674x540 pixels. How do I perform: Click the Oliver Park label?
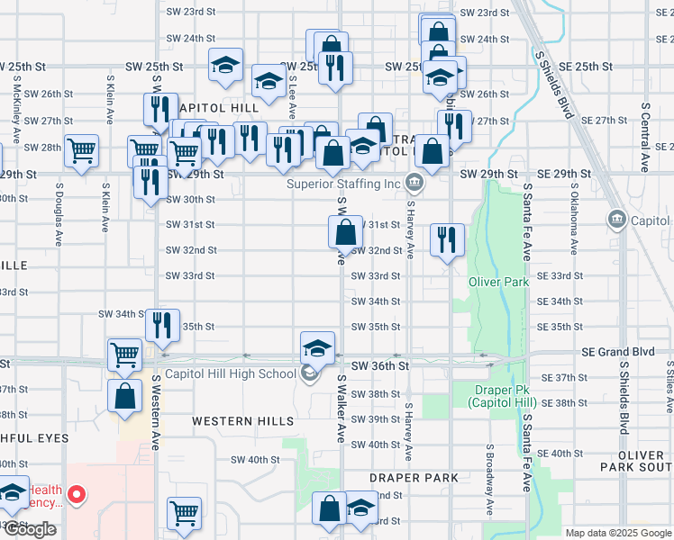(x=498, y=282)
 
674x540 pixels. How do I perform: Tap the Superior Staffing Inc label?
(x=342, y=184)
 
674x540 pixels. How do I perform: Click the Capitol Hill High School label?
(x=230, y=374)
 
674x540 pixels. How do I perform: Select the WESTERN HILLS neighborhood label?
(x=243, y=421)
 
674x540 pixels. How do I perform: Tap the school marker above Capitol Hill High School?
(x=317, y=347)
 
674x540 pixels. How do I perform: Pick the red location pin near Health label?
(x=77, y=493)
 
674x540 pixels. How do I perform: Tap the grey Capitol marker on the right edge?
(x=618, y=219)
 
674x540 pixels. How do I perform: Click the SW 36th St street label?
(x=380, y=366)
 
